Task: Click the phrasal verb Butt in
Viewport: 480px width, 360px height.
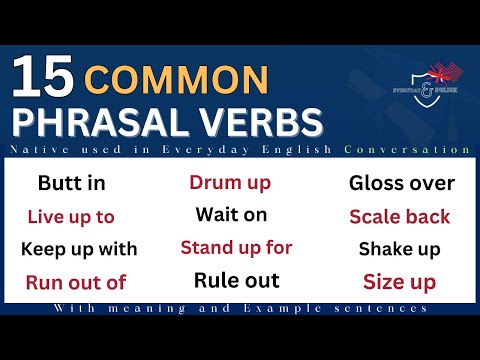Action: (71, 183)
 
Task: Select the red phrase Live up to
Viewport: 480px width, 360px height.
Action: (71, 216)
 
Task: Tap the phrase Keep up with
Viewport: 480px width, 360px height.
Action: (79, 249)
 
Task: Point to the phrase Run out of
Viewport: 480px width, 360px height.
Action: (76, 282)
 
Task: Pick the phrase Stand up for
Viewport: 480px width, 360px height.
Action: (236, 247)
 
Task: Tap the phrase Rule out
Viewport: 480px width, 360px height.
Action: (236, 280)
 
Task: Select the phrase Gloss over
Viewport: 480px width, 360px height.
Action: (402, 183)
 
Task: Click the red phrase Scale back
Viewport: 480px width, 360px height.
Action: (400, 216)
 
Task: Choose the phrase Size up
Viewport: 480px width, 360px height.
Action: (400, 282)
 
